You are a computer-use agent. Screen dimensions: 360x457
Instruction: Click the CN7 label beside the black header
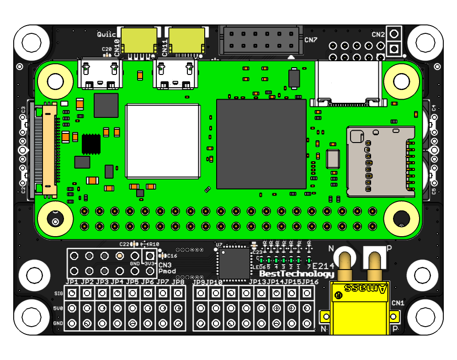tap(311, 40)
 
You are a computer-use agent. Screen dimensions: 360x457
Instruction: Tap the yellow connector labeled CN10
tap(139, 40)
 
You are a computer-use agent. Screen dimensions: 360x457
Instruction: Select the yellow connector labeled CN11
tap(186, 40)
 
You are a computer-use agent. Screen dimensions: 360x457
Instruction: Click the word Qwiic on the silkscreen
tap(106, 34)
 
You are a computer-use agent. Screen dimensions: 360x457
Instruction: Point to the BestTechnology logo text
tap(297, 274)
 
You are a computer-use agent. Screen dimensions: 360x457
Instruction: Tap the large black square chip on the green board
tap(261, 144)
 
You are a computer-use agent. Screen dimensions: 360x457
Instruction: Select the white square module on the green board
tap(163, 141)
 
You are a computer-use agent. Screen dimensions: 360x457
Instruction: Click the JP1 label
tap(72, 282)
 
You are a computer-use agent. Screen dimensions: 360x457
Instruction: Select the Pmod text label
tap(167, 271)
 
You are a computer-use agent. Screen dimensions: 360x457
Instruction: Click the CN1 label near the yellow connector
tap(398, 303)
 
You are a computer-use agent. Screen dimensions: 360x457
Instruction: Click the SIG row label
tap(58, 293)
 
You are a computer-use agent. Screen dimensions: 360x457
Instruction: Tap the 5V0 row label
tap(58, 308)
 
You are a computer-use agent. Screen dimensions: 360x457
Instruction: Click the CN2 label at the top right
tap(378, 35)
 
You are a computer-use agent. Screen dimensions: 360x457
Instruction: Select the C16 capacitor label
tap(172, 256)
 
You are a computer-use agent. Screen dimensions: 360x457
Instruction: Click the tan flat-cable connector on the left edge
tap(49, 151)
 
